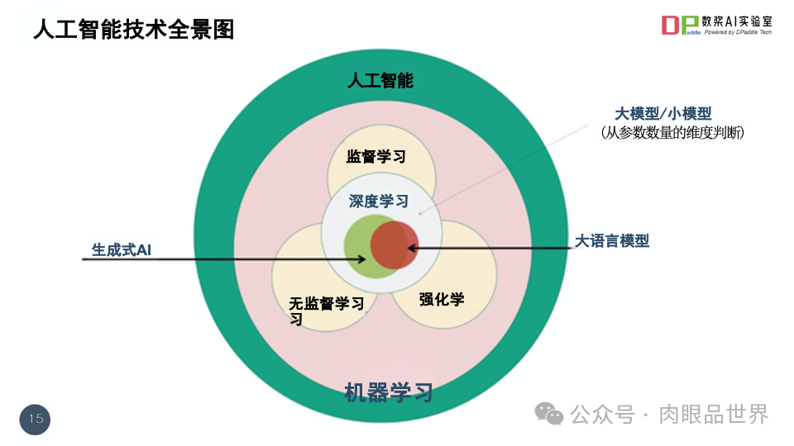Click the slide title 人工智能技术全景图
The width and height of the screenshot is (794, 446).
(x=133, y=30)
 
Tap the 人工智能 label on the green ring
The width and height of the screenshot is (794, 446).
(x=380, y=80)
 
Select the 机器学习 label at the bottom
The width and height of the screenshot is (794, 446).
(x=388, y=392)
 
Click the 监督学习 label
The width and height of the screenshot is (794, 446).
(x=376, y=156)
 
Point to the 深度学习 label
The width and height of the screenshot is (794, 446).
(x=378, y=201)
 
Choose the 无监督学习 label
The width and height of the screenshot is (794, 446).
(x=326, y=303)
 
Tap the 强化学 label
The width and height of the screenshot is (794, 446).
(x=442, y=299)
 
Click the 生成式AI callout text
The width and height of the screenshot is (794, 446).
(x=121, y=249)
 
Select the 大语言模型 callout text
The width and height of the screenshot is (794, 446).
(x=612, y=241)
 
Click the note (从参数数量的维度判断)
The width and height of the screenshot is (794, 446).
(x=672, y=132)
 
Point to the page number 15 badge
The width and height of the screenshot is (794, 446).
(x=36, y=419)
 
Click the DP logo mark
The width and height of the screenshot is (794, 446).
(x=680, y=26)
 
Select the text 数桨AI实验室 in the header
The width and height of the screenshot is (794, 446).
(x=737, y=21)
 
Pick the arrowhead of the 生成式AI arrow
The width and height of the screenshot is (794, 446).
(x=362, y=259)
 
